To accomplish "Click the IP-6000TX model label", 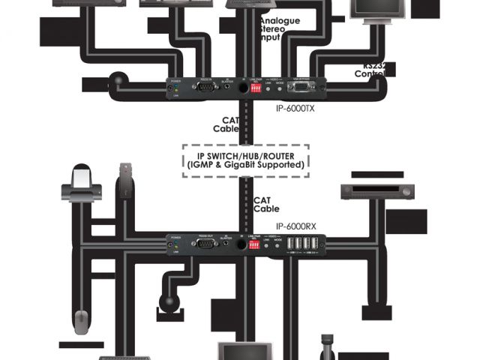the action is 297,107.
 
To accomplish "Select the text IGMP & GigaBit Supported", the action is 245,164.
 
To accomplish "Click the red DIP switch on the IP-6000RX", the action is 260,244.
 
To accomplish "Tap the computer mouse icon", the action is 85,318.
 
